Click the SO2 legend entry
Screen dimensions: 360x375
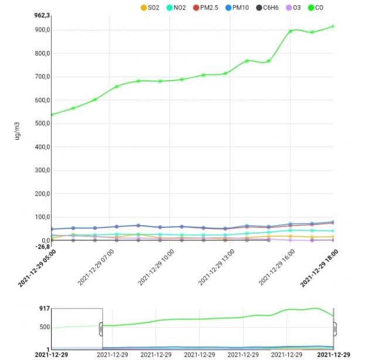pyautogui.click(x=150, y=8)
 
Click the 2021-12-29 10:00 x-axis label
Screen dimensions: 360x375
pyautogui.click(x=158, y=266)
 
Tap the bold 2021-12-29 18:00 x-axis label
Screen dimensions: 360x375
pyautogui.click(x=319, y=267)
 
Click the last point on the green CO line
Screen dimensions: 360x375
pyautogui.click(x=333, y=26)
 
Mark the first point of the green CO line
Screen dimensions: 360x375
pyautogui.click(x=52, y=114)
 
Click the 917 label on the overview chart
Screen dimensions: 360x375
pyautogui.click(x=44, y=308)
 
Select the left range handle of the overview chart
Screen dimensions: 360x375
pyautogui.click(x=101, y=328)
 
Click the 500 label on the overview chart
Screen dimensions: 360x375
pyautogui.click(x=44, y=327)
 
